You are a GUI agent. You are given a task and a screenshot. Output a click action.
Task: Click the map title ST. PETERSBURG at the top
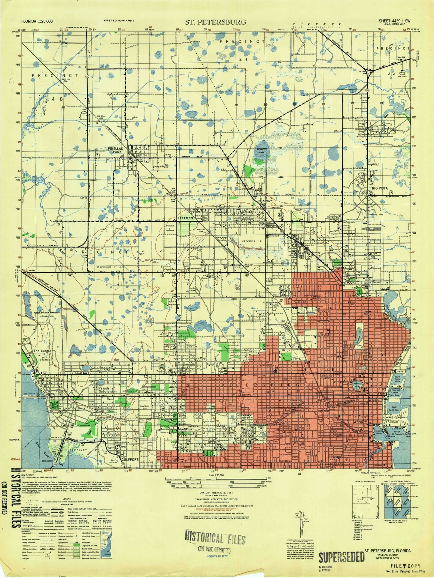point(215,22)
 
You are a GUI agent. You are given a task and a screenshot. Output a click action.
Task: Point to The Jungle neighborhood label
point(41,351)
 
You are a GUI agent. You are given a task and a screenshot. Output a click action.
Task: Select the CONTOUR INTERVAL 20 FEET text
point(214,493)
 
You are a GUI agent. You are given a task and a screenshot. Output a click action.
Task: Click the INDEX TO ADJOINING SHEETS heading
point(397,481)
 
